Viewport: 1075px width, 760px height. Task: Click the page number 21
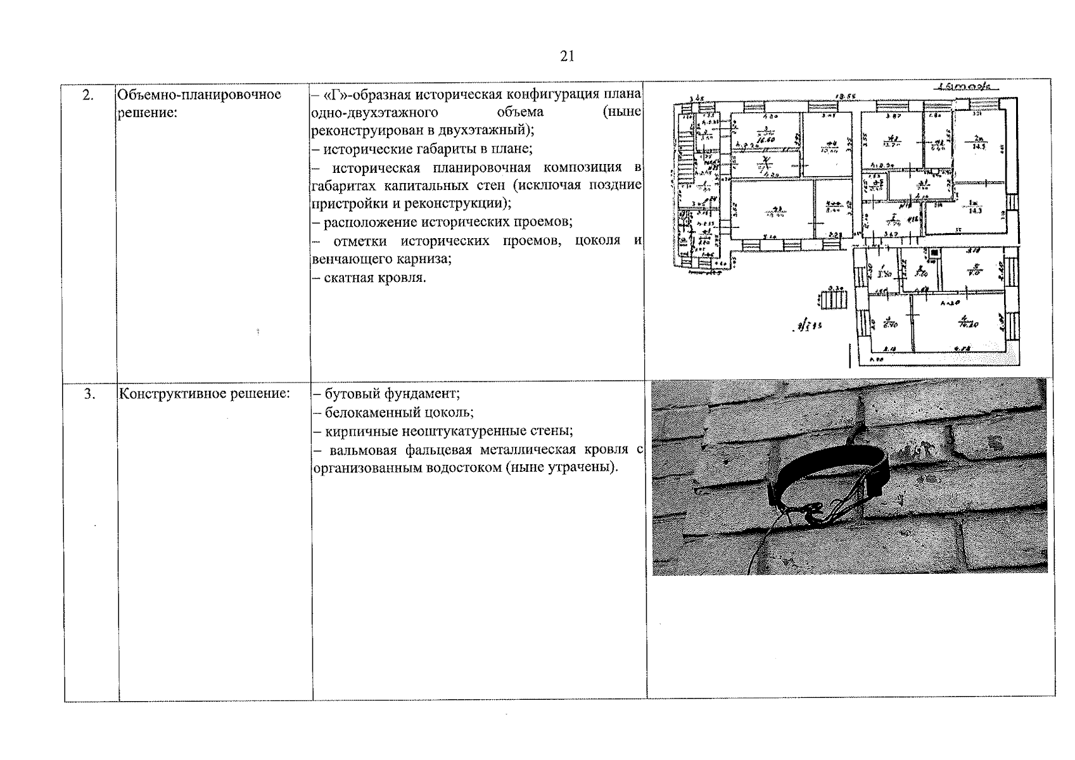[x=567, y=56]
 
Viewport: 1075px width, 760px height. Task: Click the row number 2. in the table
[x=88, y=95]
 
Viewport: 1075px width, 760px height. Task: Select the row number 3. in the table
[x=89, y=394]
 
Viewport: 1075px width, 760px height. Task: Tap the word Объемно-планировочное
[x=200, y=95]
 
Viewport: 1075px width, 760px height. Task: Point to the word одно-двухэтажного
[x=375, y=113]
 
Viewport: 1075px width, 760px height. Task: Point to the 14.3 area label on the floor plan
[x=975, y=210]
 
